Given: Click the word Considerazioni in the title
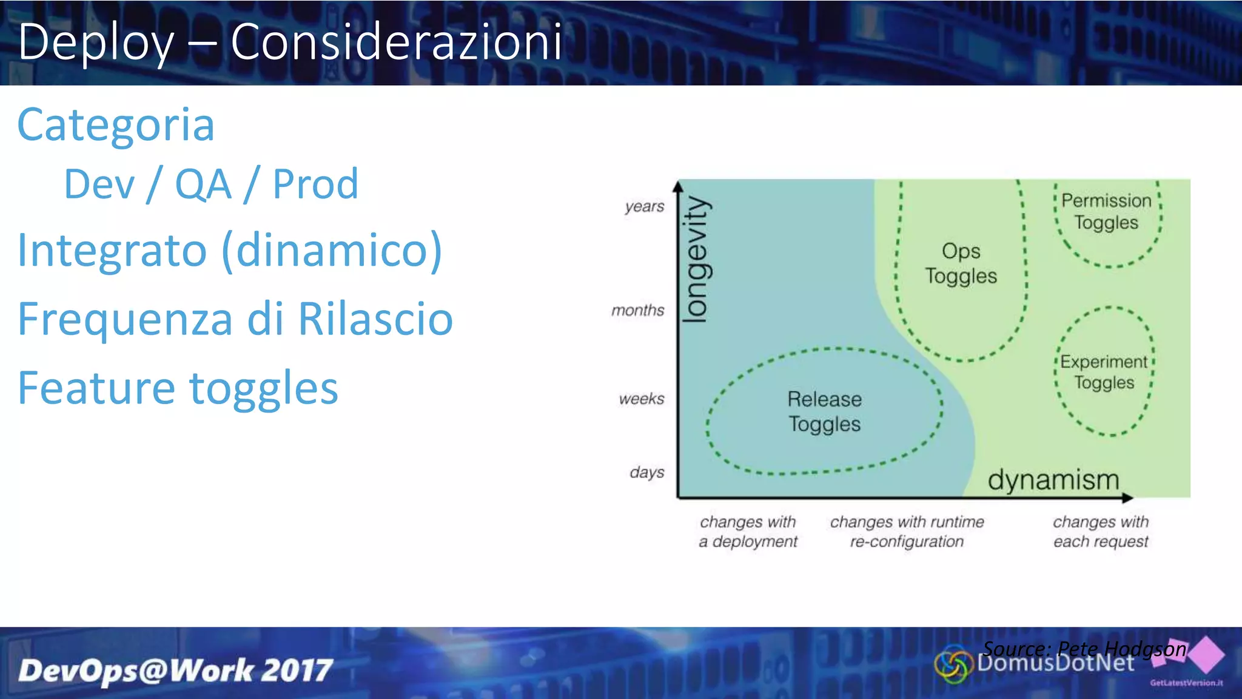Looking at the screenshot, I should pos(397,41).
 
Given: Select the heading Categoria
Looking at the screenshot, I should pos(116,125).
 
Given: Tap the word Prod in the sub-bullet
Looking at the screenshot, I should pos(315,184).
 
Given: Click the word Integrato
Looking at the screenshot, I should pos(113,250).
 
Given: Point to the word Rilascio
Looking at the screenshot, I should pos(375,319).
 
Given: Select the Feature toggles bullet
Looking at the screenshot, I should pos(178,388).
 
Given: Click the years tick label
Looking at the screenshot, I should pos(645,207).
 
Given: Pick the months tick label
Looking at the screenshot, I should pos(637,311).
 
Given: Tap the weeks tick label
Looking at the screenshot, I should pos(641,399).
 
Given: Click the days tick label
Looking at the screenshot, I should pos(646,472).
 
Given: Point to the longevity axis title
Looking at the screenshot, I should pos(696,259).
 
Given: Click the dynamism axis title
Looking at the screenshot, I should pos(1053,480).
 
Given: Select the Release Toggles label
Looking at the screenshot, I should pos(824,411).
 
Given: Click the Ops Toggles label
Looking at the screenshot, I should pos(961,263).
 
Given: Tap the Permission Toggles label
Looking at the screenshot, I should pos(1106,211).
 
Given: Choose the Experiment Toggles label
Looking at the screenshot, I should pos(1104,372).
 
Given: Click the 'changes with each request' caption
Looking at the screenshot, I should pos(1101,532).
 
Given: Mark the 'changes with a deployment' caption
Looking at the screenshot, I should pos(748,532).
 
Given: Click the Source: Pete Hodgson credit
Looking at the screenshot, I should pos(1084,649).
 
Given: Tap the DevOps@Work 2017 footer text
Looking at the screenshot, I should pos(175,671).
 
